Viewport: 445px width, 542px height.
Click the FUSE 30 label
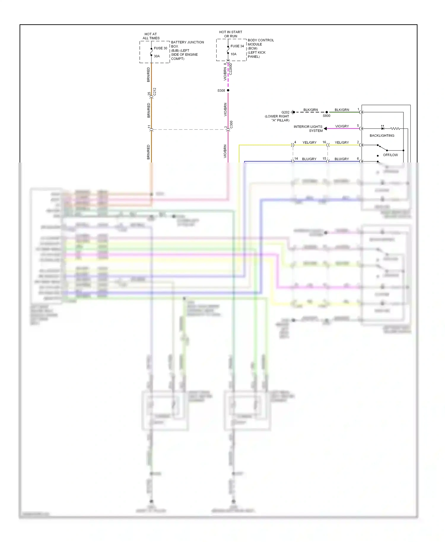[160, 48]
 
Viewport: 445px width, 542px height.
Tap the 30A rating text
[157, 56]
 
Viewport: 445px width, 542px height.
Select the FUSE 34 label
[237, 46]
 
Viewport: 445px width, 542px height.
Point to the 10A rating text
[233, 54]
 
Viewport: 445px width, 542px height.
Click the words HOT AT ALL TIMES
[151, 36]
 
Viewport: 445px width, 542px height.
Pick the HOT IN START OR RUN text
[231, 34]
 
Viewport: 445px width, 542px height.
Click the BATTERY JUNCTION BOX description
[187, 50]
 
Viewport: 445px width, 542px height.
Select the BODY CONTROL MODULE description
[260, 48]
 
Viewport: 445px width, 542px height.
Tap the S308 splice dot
[228, 90]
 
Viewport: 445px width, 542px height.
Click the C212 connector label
[155, 92]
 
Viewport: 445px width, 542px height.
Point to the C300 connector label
[231, 125]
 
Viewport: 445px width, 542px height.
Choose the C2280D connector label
[231, 69]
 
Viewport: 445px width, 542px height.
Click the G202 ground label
[285, 112]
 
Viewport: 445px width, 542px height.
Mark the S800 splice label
[326, 116]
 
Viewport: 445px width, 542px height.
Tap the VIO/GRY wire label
[342, 126]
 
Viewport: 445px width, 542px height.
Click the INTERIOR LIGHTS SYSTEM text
[308, 128]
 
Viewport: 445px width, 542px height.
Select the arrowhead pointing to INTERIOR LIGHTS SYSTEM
[325, 128]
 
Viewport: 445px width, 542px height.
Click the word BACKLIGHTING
[382, 135]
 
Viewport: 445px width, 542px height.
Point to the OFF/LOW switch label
[390, 155]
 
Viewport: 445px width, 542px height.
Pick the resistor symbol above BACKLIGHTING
[395, 128]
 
